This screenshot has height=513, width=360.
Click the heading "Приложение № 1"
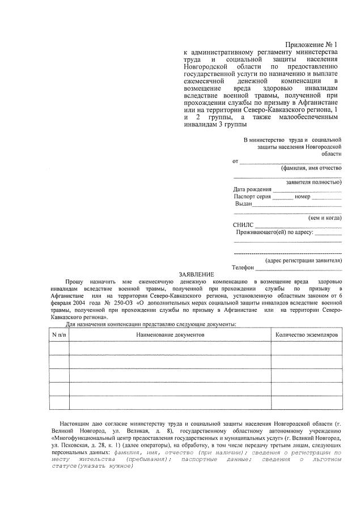(x=311, y=44)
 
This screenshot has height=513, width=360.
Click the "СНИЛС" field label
(x=243, y=225)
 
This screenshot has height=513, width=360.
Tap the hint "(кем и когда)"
(x=324, y=218)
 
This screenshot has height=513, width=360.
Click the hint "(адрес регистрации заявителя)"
(x=303, y=260)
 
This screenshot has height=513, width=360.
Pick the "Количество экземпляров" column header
(x=306, y=334)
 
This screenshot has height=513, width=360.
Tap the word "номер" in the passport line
(x=302, y=196)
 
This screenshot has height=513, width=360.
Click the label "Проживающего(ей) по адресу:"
(x=274, y=232)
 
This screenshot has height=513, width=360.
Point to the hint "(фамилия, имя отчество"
(x=311, y=168)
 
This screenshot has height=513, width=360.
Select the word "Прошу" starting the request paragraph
(x=74, y=281)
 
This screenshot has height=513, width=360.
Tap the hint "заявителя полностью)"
(x=314, y=183)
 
